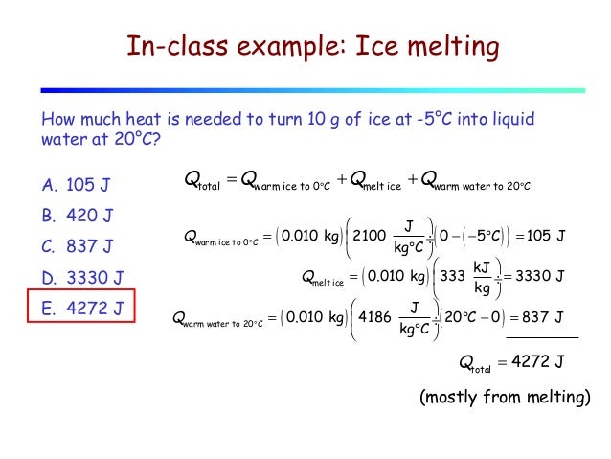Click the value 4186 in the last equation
pos(373,318)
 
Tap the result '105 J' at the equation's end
pos(548,236)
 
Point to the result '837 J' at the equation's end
pos(548,318)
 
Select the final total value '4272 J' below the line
pos(534,361)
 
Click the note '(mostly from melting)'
pos(505,398)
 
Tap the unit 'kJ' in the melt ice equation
pos(485,267)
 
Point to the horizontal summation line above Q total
pos(542,338)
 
